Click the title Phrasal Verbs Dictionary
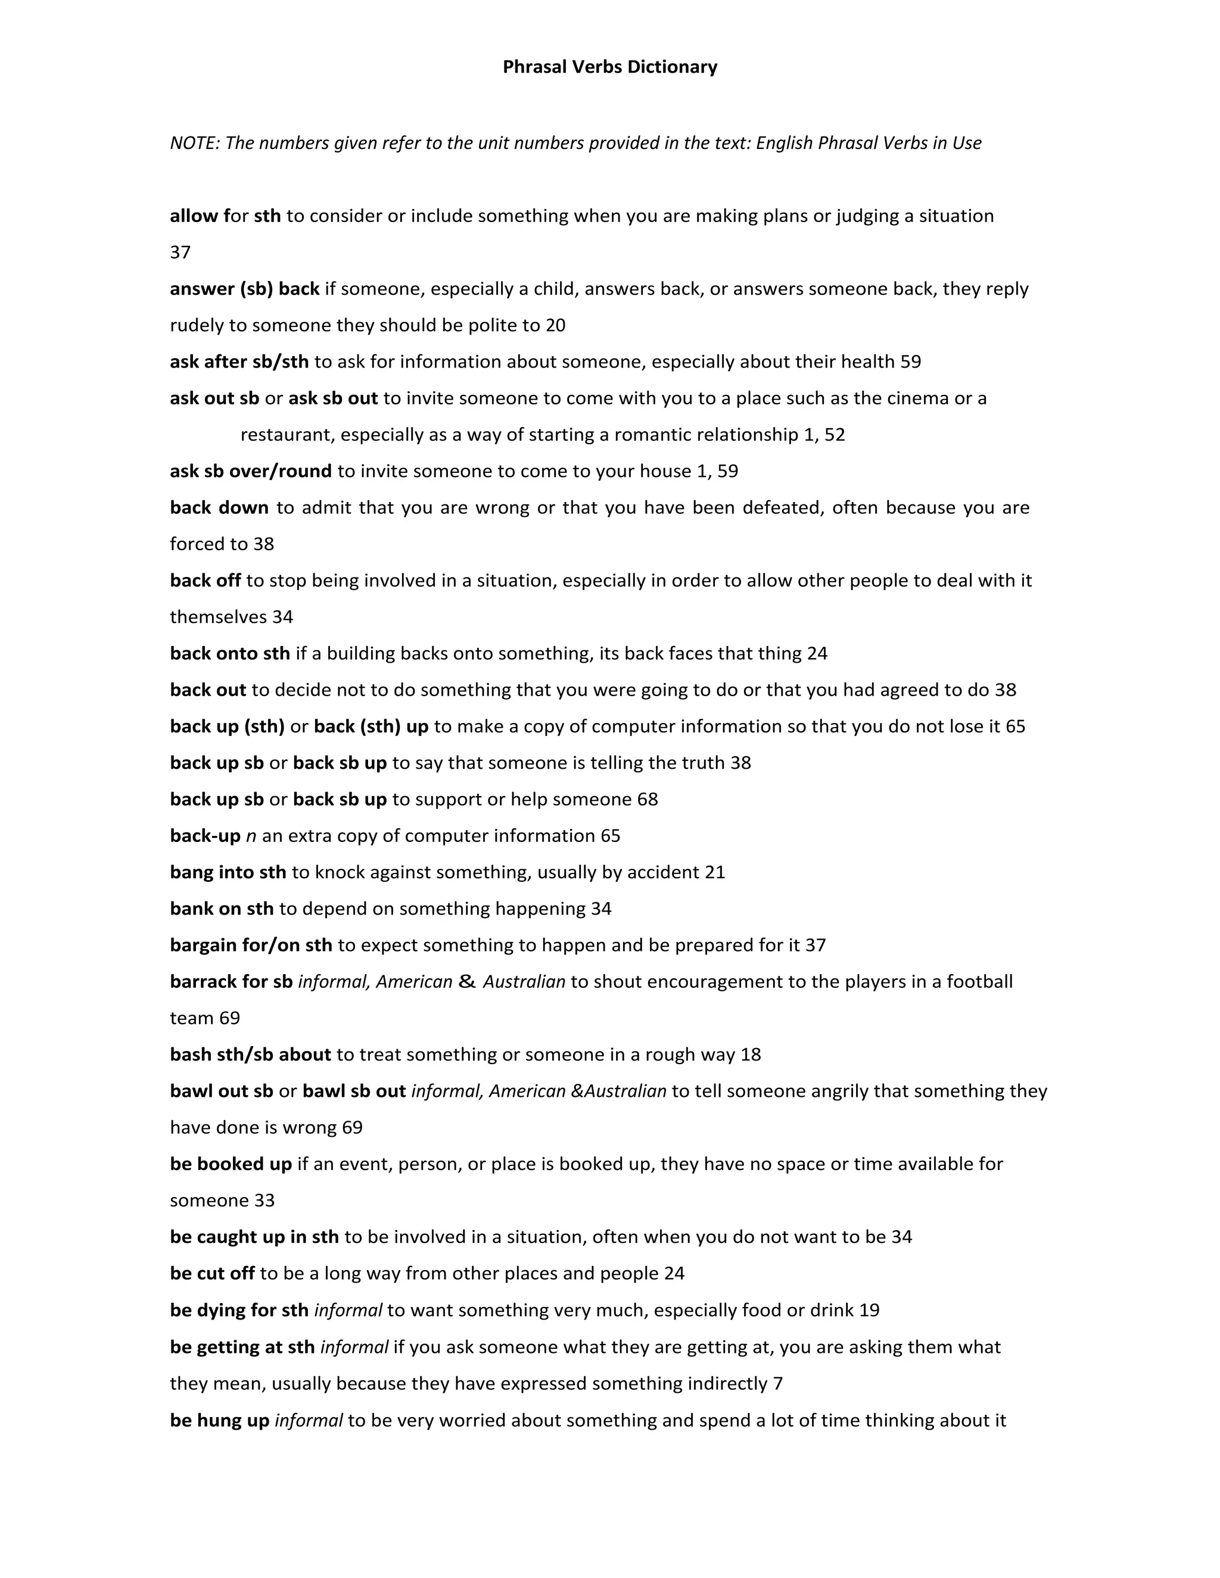tap(609, 67)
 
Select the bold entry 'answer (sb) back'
tap(244, 289)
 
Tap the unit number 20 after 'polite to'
tap(555, 325)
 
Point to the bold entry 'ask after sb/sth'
tap(239, 362)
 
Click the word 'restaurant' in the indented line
tap(288, 435)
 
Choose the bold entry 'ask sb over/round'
tap(251, 471)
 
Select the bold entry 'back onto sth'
tap(230, 654)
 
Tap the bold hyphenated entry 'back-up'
tap(204, 836)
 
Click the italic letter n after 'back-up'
tap(251, 837)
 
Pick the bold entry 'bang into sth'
tap(228, 873)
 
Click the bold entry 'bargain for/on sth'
tap(251, 946)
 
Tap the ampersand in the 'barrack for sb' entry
tap(467, 982)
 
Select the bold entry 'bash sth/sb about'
tap(250, 1055)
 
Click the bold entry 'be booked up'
tap(231, 1164)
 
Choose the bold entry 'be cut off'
tap(211, 1274)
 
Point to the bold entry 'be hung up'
tap(219, 1420)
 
